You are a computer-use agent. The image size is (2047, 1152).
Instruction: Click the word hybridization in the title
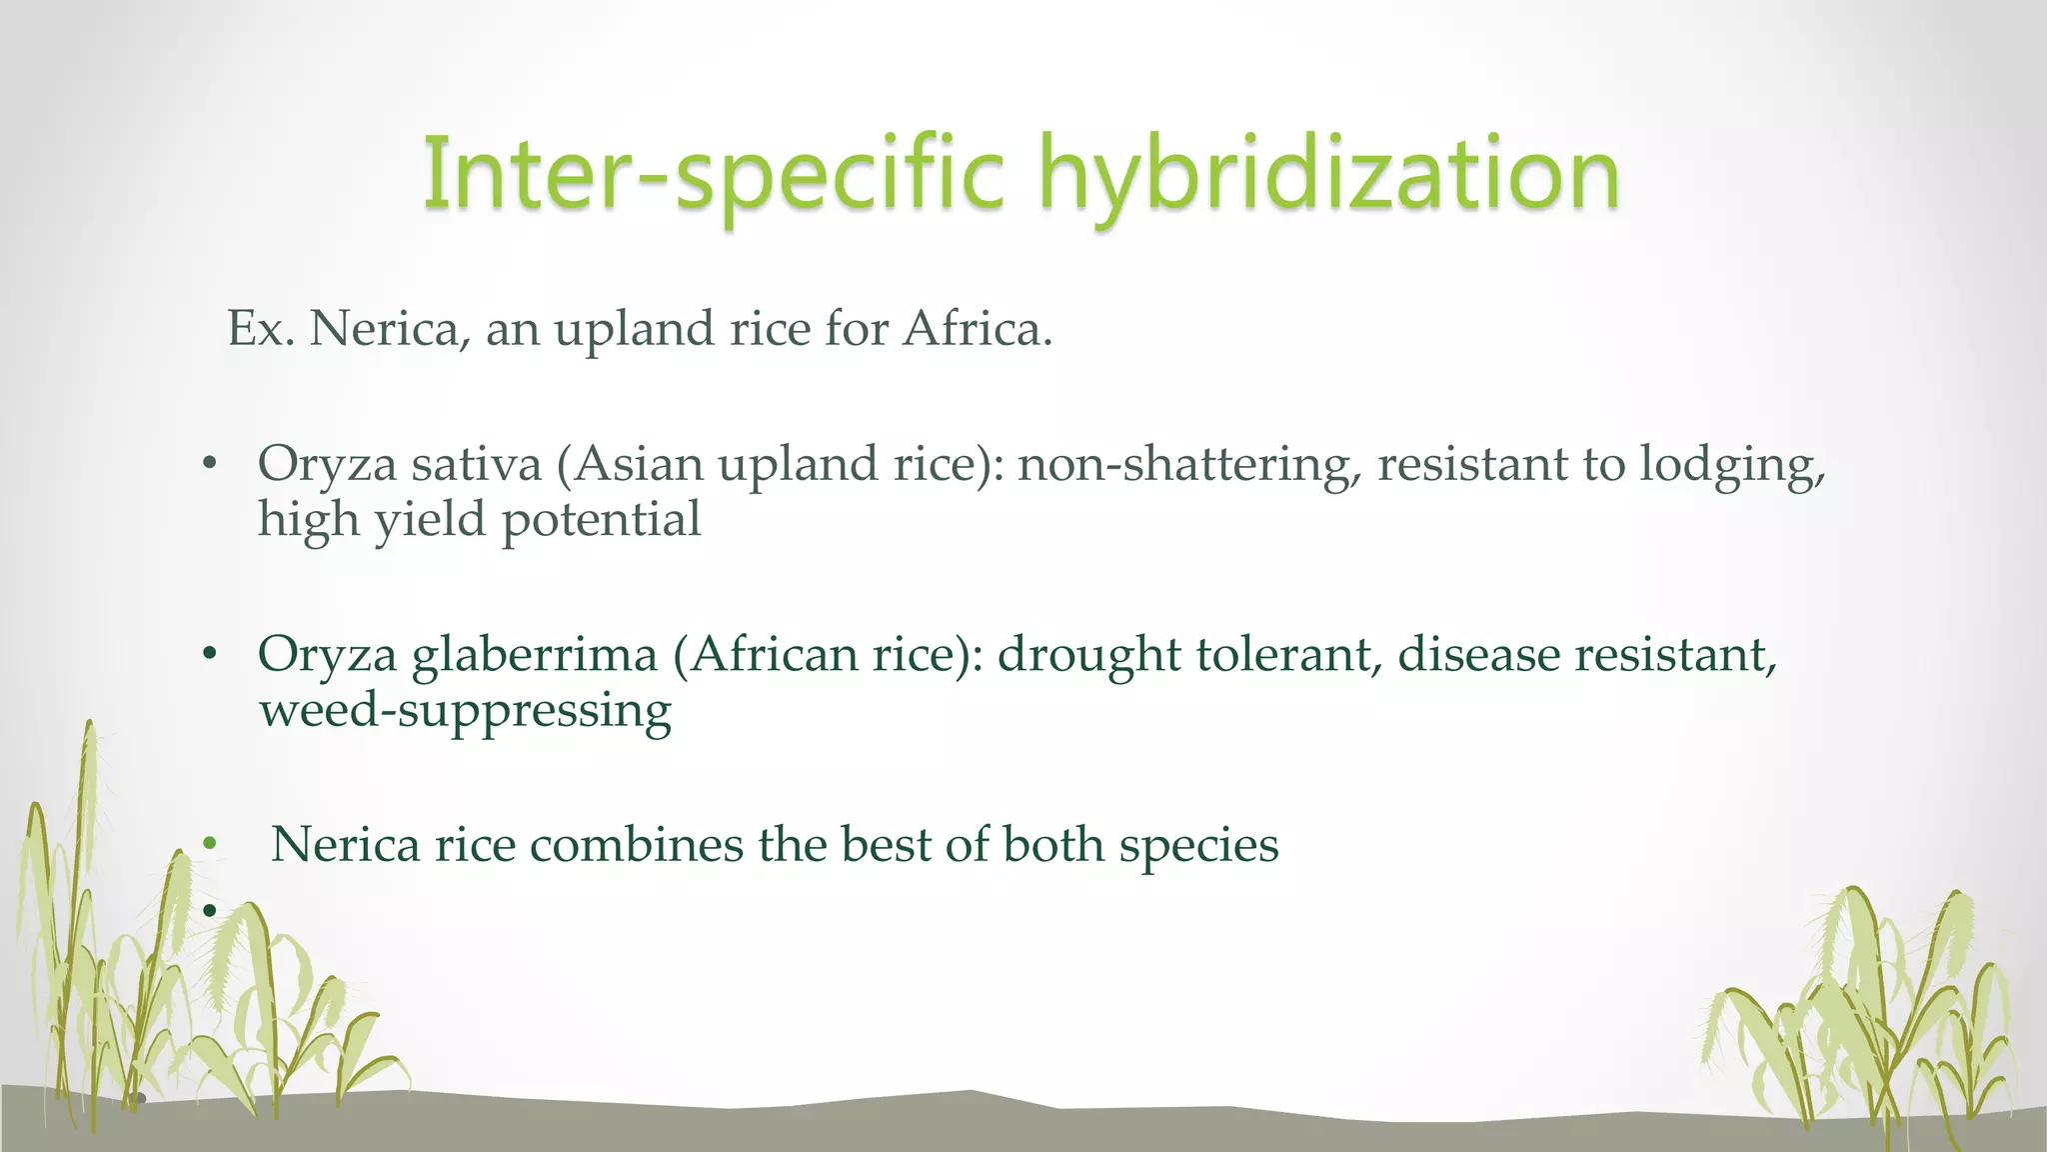(1329, 175)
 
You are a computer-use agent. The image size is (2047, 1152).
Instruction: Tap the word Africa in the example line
(978, 329)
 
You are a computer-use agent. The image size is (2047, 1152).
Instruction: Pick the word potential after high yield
(601, 520)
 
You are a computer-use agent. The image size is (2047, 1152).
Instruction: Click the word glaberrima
(535, 655)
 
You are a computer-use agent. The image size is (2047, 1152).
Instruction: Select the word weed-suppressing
(466, 711)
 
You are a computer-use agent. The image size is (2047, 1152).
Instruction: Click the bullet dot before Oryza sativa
(209, 464)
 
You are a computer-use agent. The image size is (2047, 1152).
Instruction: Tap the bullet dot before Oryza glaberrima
(209, 655)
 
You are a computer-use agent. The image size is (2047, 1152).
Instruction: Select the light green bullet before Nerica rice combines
(209, 845)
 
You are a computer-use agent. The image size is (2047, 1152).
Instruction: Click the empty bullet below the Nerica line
(209, 910)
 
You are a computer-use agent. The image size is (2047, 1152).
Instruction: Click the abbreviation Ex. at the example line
(261, 329)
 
